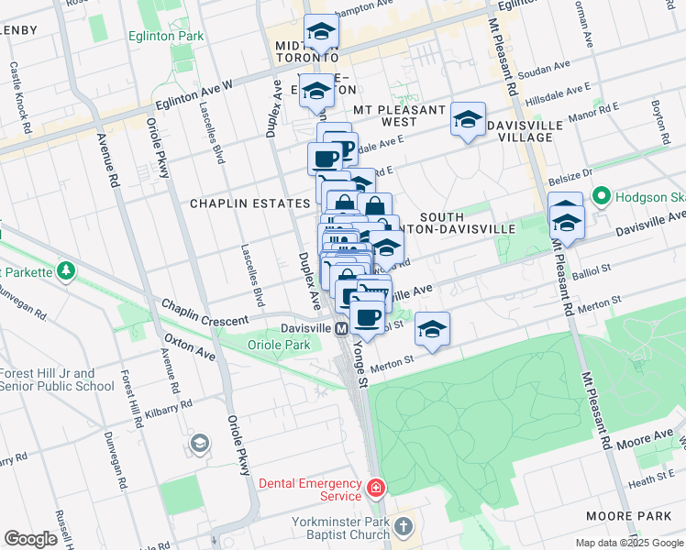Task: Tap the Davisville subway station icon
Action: click(340, 328)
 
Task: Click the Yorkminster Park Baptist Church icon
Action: click(405, 528)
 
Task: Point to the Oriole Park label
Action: click(279, 345)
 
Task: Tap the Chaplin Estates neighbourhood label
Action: click(249, 203)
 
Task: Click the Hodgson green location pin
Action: click(601, 195)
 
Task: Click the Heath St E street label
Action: click(654, 479)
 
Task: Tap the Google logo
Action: click(30, 539)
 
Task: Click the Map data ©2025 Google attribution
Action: click(629, 543)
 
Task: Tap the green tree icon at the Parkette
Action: click(66, 271)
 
